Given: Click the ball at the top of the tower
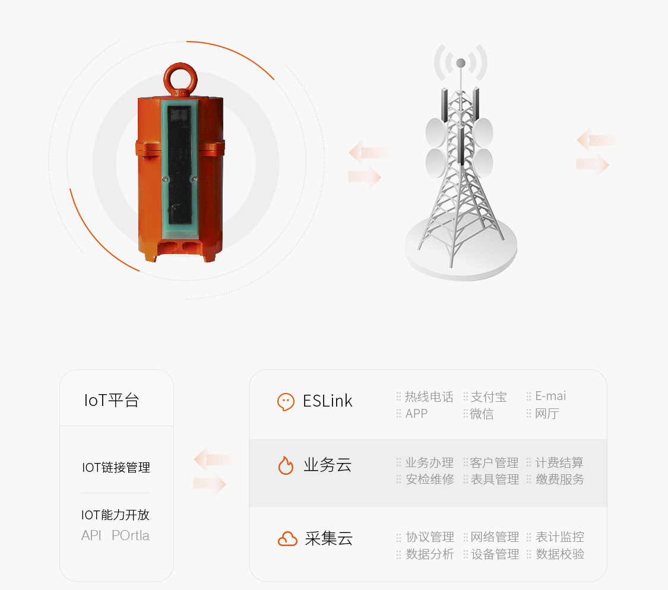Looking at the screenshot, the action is (461, 63).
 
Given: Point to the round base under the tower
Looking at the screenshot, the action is (461, 247).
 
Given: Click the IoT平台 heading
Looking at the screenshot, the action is (112, 401).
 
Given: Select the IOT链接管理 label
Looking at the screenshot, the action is (116, 467).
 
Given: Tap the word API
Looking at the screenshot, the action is (91, 535).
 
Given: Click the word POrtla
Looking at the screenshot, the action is (131, 535).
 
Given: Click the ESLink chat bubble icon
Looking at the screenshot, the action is (286, 402).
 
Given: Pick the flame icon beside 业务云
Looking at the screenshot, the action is (286, 465).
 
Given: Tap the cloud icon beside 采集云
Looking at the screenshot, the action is (287, 539).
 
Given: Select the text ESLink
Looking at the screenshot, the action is (328, 401).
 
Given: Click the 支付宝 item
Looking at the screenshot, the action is (489, 397).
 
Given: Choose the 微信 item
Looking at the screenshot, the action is (482, 414).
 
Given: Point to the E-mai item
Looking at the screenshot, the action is (550, 396).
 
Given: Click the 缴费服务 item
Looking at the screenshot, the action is (560, 479).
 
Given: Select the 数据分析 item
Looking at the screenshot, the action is (430, 554).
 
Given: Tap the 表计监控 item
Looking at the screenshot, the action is (560, 537).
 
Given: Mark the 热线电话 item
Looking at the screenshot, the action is (429, 397).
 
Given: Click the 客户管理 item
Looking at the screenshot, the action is (495, 462).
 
